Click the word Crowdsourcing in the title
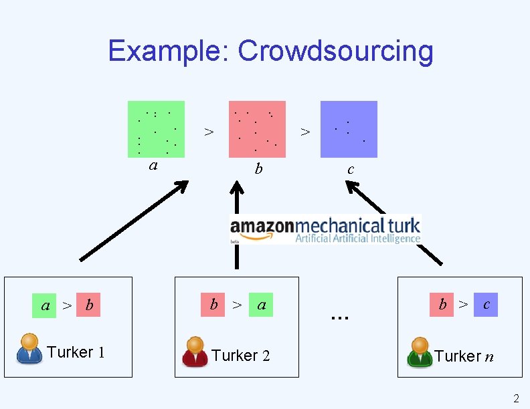[x=335, y=51]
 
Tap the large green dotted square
[x=156, y=129]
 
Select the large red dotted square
[x=257, y=129]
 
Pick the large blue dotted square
[x=349, y=129]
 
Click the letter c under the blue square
[x=350, y=170]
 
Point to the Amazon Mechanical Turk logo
[x=325, y=229]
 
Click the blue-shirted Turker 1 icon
[x=29, y=349]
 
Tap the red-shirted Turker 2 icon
[x=195, y=352]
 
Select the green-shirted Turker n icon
[x=420, y=352]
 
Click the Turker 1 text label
[x=76, y=352]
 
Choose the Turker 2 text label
[x=241, y=356]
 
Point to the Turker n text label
[x=464, y=356]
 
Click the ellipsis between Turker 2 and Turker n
[x=340, y=315]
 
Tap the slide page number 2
[x=515, y=399]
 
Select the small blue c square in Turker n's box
[x=486, y=305]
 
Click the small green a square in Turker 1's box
[x=46, y=306]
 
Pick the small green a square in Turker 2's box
[x=261, y=305]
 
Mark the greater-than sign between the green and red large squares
[x=209, y=132]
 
